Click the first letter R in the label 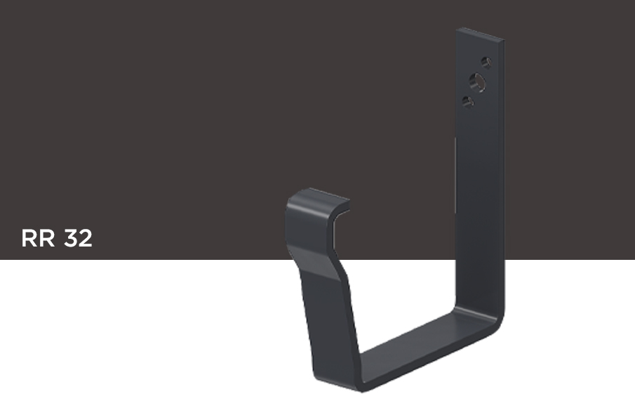(29, 238)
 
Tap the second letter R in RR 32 (46, 238)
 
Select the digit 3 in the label (71, 238)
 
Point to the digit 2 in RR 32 (86, 238)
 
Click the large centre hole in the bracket (477, 82)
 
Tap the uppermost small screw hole (486, 63)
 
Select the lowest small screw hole (468, 101)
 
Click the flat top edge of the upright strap (481, 34)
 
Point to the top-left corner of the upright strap (457, 29)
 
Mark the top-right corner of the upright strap (504, 39)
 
